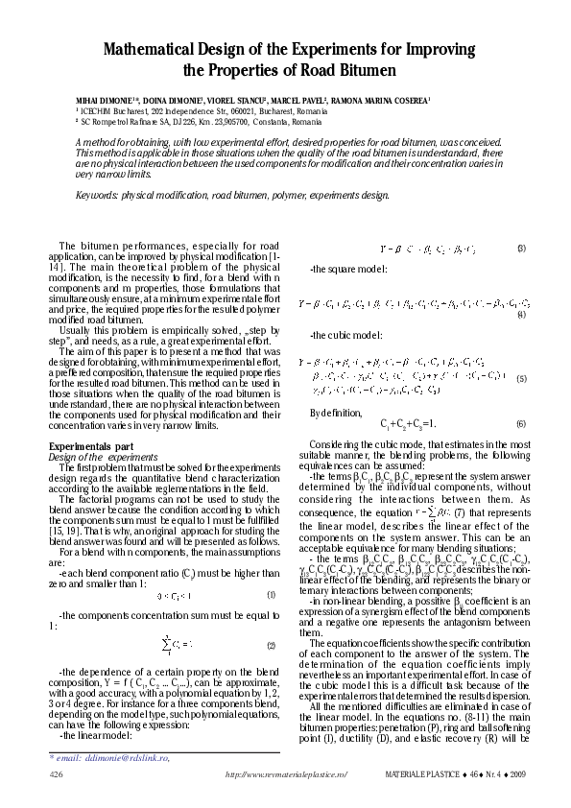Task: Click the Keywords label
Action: (97, 195)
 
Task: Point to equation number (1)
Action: (272, 595)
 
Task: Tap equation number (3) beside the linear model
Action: (520, 249)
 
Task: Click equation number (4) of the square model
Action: (520, 316)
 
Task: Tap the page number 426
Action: (56, 772)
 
